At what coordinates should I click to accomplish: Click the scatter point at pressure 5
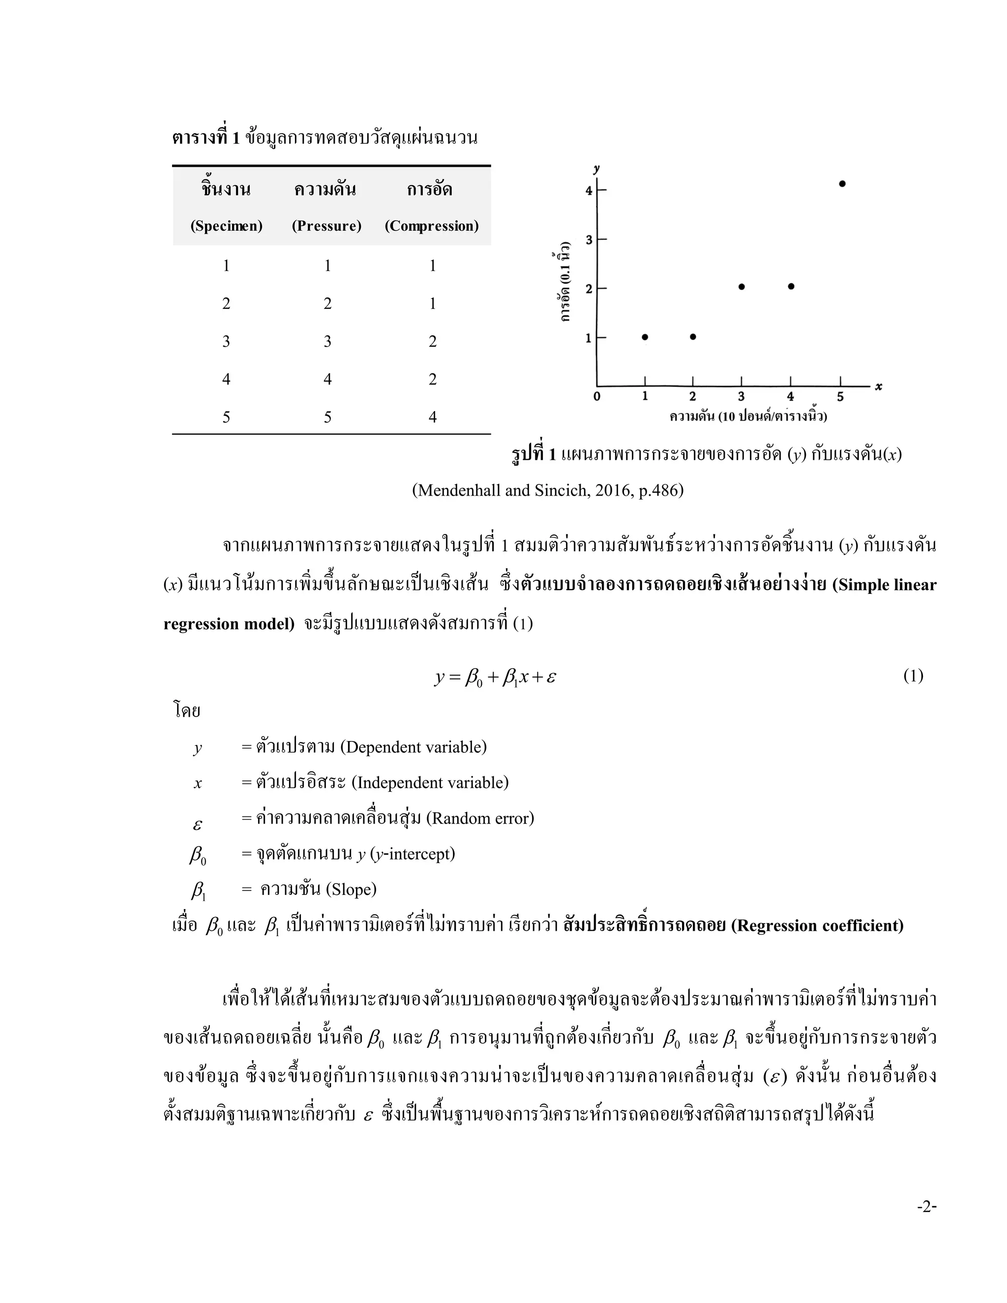(842, 184)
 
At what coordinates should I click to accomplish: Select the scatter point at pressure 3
(741, 286)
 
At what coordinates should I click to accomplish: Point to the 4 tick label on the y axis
(589, 191)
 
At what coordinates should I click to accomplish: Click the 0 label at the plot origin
(596, 397)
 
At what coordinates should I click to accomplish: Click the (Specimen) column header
(226, 226)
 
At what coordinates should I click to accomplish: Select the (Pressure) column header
(326, 226)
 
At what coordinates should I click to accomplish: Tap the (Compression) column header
(431, 226)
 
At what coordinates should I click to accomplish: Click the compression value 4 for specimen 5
(433, 417)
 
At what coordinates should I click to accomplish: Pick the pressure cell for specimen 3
(327, 341)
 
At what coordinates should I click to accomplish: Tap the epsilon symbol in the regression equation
(551, 678)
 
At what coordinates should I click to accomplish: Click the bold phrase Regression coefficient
(817, 925)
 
